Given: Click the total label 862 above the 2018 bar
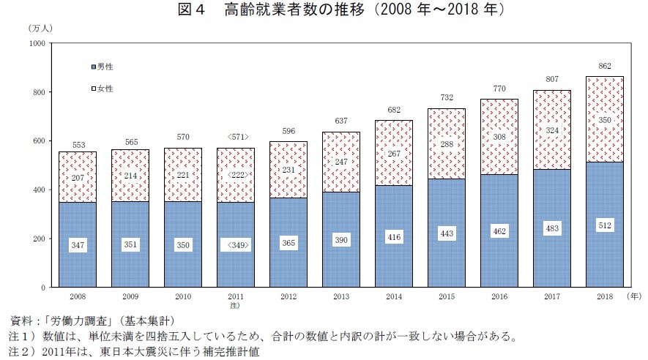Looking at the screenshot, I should pyautogui.click(x=605, y=65).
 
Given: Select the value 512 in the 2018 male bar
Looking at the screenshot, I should pyautogui.click(x=605, y=226).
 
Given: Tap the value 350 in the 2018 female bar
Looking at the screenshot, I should pyautogui.click(x=605, y=119).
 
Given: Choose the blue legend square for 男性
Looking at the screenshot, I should pyautogui.click(x=92, y=67).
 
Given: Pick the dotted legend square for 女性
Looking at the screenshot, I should pyautogui.click(x=92, y=89).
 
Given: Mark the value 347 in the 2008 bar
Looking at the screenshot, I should pyautogui.click(x=77, y=244).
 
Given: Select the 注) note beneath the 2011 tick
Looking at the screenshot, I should pyautogui.click(x=235, y=305).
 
